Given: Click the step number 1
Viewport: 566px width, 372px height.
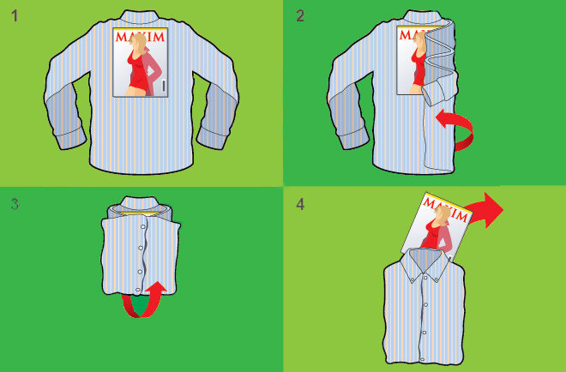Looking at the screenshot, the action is pos(15,16).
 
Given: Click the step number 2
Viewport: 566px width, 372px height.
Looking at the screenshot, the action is pos(300,16).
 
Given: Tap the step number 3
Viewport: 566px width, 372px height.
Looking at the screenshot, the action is pos(15,204).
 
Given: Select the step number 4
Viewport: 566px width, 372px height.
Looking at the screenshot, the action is pos(300,205).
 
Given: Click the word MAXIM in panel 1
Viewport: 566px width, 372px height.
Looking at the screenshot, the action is pos(141,37).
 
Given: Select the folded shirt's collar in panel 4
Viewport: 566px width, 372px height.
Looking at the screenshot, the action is pos(424,263).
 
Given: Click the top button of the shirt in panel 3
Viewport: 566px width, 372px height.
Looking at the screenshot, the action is pos(143,227).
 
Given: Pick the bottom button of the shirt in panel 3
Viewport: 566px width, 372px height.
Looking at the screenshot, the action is pos(137,290).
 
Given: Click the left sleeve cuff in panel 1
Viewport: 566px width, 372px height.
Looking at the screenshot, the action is pos(69,139).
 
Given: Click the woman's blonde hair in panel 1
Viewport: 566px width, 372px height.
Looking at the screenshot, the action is pos(139,44).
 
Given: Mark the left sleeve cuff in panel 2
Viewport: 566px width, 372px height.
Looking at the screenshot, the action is pos(353,139).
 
